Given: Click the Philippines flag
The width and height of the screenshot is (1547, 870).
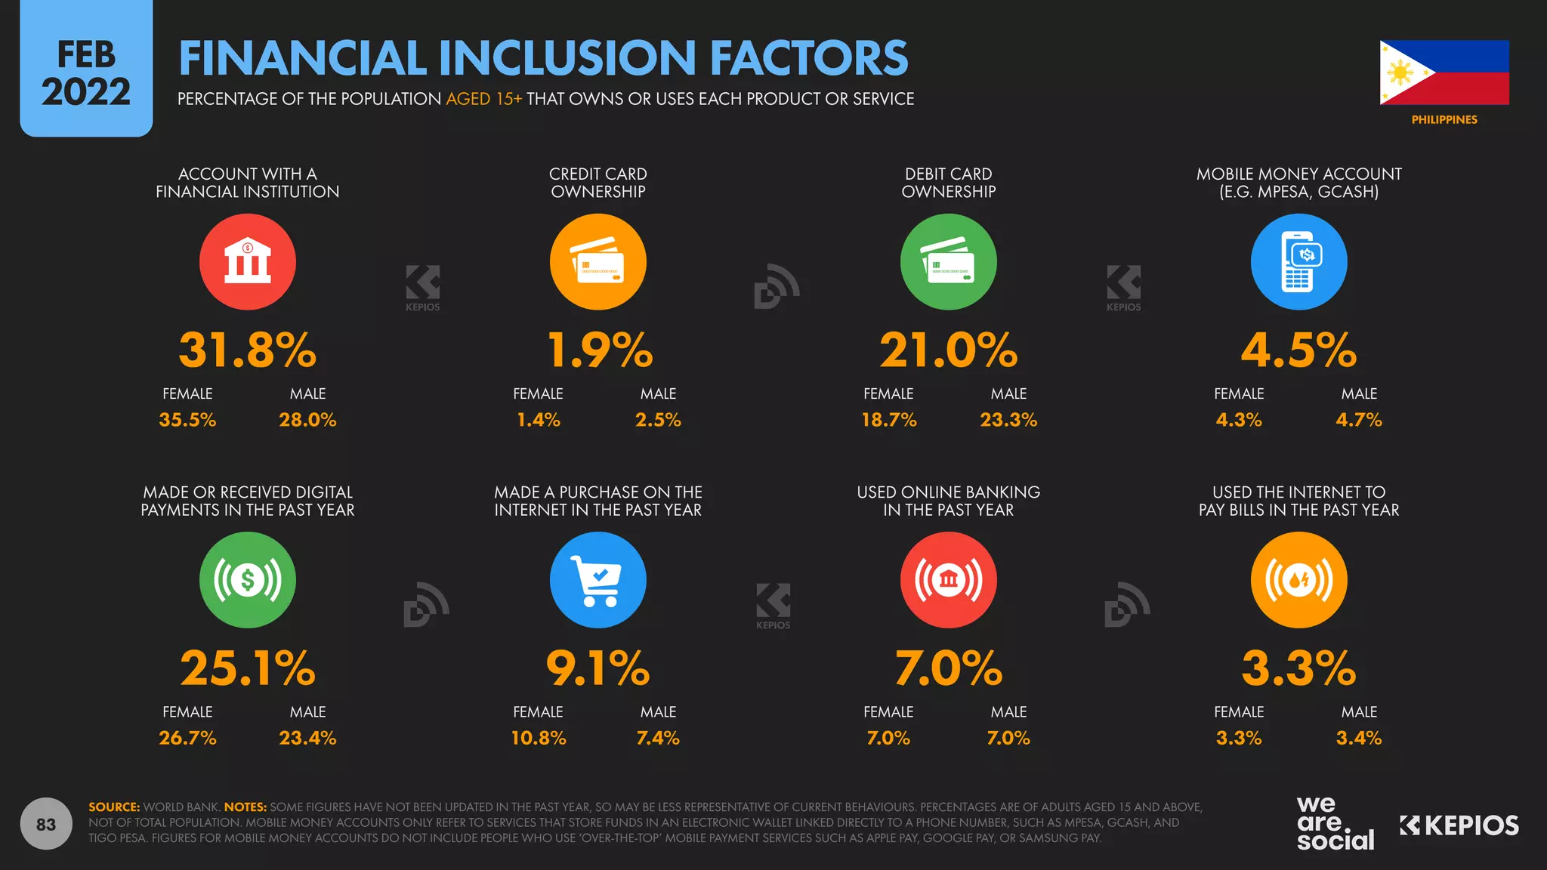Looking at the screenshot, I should [x=1444, y=72].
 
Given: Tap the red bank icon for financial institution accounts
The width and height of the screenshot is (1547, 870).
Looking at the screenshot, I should [x=248, y=261].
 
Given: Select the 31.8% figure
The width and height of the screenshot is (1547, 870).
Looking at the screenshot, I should [x=248, y=350].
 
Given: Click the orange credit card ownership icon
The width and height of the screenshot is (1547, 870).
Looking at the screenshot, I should [x=597, y=261].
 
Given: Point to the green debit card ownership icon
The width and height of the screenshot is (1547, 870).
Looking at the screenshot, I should [x=948, y=261].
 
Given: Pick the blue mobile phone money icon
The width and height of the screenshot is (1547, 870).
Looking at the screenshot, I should [x=1298, y=261].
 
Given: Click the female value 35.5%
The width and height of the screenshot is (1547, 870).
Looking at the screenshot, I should [x=187, y=420].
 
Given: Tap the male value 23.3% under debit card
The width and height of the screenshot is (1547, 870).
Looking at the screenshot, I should [x=1008, y=420].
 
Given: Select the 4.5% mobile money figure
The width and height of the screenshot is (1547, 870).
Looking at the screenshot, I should [x=1298, y=350].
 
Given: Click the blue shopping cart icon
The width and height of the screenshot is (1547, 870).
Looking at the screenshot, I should [x=597, y=580].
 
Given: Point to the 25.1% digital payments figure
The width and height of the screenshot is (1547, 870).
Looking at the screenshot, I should [x=248, y=668].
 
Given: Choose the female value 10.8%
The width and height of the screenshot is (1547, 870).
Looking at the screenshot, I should [x=538, y=738].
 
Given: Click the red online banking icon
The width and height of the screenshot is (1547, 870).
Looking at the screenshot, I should [x=948, y=580].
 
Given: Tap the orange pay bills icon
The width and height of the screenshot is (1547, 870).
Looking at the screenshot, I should [x=1298, y=580].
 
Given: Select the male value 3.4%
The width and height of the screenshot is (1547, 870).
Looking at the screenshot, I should [x=1359, y=738].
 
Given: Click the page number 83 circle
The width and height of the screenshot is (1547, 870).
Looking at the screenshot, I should [x=46, y=824].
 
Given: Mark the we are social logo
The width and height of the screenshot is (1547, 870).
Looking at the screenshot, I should [x=1335, y=824].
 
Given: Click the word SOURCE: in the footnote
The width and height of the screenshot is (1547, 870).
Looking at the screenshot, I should [x=114, y=807].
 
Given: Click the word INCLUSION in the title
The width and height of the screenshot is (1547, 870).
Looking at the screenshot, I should [x=567, y=58].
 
